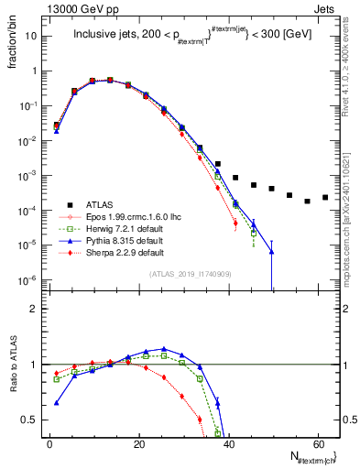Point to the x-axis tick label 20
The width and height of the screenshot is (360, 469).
pos(138,442)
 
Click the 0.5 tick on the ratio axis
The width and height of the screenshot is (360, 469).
pos(28,420)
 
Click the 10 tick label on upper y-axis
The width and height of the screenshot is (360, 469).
pos(30,36)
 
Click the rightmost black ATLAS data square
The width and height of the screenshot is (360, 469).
pos(325,197)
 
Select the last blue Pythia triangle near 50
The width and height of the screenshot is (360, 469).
pos(271,252)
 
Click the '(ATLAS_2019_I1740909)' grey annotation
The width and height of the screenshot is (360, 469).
pos(189,275)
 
